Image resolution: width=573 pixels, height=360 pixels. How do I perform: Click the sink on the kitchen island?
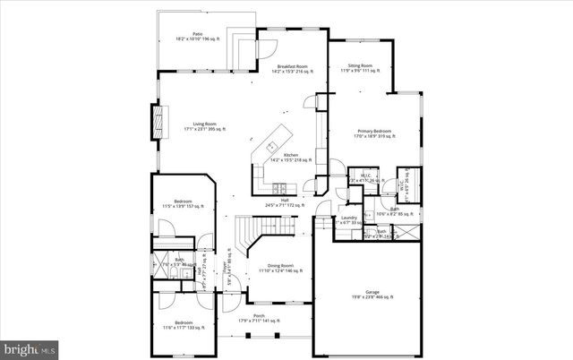tap(271, 146)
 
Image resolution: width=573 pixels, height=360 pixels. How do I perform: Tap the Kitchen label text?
tap(292, 158)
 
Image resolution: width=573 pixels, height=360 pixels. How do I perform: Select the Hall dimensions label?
tap(285, 205)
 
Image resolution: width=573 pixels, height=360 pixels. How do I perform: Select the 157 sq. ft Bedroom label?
tap(183, 204)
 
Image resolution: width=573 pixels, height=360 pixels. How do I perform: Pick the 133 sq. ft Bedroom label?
tap(183, 327)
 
